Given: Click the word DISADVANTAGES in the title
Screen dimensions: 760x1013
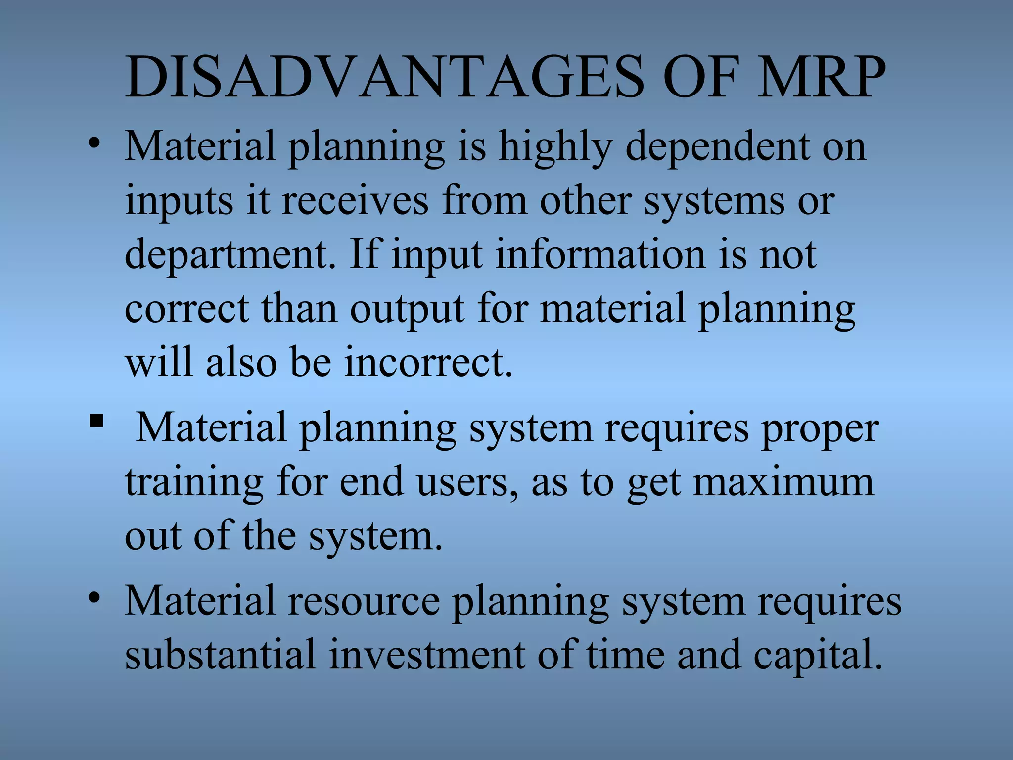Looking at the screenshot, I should [x=385, y=77].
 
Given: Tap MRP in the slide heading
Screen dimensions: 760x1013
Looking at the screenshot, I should [x=821, y=77].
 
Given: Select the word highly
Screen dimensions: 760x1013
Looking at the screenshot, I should [x=555, y=147].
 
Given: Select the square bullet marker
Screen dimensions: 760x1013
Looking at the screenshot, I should [x=96, y=422].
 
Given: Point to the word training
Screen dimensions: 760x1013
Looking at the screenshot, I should [x=194, y=483].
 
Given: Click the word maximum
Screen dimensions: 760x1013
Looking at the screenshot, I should [x=783, y=482].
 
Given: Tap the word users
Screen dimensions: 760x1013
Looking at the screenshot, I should [x=468, y=483].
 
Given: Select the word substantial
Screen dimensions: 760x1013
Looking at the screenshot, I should [x=220, y=654].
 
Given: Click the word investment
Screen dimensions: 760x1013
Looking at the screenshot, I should [x=427, y=654].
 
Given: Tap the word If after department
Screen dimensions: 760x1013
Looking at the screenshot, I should [x=365, y=254].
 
